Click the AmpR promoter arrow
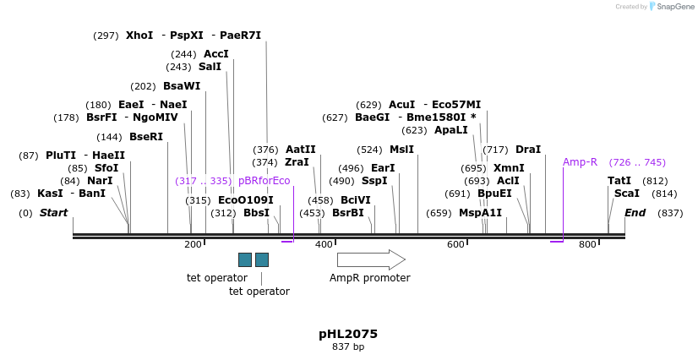[370, 259]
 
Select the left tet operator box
[245, 259]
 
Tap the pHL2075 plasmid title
[348, 334]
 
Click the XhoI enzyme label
[139, 35]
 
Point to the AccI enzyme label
[215, 54]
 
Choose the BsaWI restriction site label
[182, 86]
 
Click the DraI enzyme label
[527, 150]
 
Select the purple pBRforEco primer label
[264, 181]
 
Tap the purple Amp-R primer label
[580, 162]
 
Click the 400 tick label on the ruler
[324, 244]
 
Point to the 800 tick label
[587, 244]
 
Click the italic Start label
[53, 213]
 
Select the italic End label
[635, 213]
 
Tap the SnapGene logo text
[673, 7]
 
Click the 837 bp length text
[348, 347]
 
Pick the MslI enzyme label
[401, 150]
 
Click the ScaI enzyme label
[626, 194]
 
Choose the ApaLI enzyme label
[450, 130]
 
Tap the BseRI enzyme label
[145, 137]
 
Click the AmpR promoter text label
[369, 278]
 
